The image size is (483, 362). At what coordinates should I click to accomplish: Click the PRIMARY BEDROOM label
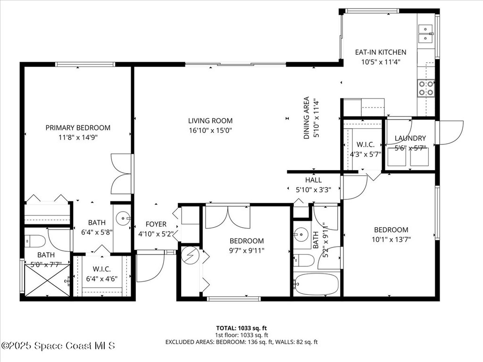[78, 128]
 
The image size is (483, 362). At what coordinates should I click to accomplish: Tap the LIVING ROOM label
[210, 121]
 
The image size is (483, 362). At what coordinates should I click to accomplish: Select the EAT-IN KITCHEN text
[381, 52]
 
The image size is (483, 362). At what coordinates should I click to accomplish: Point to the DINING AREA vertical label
[307, 118]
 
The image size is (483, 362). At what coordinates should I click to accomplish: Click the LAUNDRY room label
[410, 138]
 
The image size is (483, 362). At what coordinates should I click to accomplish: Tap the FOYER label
[156, 224]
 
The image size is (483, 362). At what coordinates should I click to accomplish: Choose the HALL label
[314, 180]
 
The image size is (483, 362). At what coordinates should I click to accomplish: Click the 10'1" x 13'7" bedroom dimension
[391, 239]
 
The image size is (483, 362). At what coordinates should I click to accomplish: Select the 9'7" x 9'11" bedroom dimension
[247, 251]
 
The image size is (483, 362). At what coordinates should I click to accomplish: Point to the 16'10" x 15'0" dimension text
[210, 131]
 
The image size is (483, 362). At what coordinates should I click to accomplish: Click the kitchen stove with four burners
[426, 88]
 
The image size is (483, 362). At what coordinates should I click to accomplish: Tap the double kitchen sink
[426, 33]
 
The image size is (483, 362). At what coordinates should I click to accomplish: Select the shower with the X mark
[47, 280]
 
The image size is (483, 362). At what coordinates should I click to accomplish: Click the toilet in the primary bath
[35, 241]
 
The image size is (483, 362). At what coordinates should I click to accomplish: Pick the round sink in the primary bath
[123, 218]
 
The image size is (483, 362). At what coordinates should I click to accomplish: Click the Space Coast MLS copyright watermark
[58, 346]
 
